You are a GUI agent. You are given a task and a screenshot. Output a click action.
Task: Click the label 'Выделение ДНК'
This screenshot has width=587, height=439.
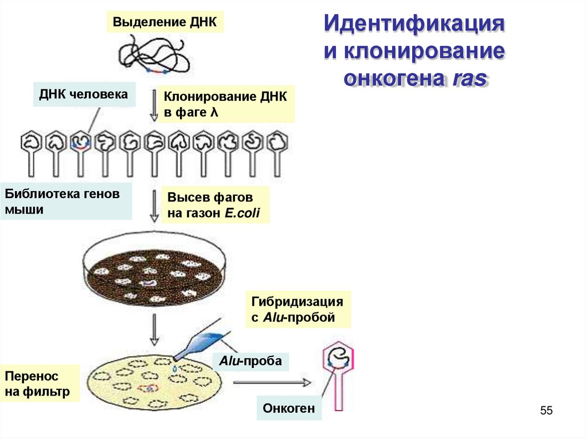point(165,22)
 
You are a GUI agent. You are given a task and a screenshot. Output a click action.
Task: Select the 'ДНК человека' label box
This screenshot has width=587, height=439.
point(83,94)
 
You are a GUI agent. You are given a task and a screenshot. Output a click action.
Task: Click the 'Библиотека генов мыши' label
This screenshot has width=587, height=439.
point(66,201)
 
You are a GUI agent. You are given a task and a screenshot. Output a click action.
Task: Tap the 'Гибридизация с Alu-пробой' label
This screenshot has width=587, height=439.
point(298,310)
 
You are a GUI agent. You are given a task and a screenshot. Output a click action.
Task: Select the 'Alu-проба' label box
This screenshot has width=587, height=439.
point(250,362)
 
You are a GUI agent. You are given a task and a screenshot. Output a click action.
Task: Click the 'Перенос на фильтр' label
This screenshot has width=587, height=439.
point(40,384)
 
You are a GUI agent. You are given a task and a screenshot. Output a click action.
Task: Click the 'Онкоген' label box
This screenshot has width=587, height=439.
point(289,409)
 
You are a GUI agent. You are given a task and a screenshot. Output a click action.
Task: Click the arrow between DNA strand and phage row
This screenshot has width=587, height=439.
point(154,105)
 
